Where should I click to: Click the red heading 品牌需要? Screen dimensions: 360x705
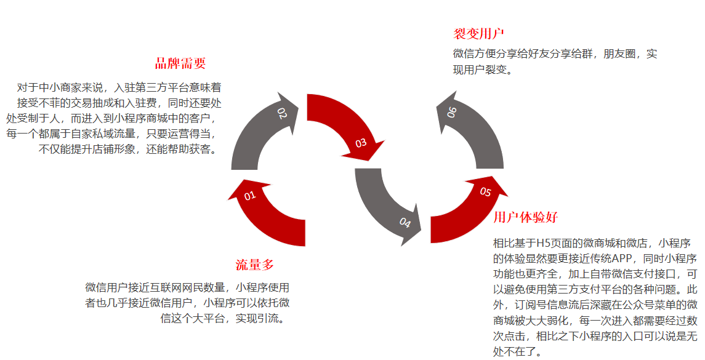pos(180,63)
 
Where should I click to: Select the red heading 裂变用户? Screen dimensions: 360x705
pos(479,33)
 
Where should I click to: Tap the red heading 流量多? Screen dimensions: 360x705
pos(254,265)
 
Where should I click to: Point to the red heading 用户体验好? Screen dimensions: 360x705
pos(525,217)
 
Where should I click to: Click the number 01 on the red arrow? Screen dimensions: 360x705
pos(249,196)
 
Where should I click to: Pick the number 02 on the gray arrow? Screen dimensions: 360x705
pos(282,114)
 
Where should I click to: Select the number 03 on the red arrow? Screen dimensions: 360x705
pos(361,143)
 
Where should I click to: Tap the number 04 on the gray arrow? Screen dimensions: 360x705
pos(405,222)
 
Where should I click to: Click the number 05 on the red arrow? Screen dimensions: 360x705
pos(485,192)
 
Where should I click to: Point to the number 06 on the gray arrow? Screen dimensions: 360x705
pos(452,113)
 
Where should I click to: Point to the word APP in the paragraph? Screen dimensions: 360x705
pos(624,258)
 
